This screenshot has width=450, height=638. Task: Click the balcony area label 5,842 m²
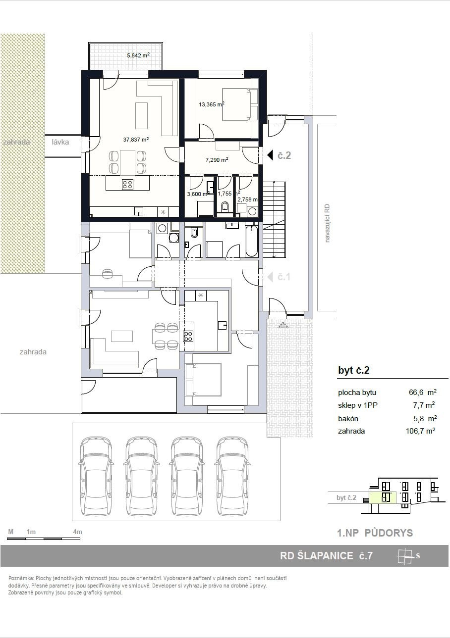138,55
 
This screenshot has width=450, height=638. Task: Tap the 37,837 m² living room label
136,140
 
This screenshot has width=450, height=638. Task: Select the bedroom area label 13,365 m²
212,104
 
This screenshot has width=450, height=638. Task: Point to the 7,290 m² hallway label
217,160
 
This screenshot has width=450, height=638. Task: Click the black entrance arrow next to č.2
270,155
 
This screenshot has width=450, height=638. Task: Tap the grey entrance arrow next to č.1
270,277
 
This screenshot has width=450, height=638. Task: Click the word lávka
60,142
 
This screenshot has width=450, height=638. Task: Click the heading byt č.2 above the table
354,370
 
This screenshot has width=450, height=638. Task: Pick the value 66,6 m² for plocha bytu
423,392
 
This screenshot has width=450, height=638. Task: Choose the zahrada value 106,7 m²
421,431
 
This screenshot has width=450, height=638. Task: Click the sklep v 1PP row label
358,405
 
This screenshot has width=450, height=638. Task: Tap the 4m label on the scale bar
78,532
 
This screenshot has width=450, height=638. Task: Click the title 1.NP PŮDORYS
375,533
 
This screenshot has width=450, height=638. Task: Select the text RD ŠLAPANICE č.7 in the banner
326,556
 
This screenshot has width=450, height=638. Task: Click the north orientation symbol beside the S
405,556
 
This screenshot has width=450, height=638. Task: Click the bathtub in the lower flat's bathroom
252,241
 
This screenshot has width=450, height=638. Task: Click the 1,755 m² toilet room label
228,194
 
